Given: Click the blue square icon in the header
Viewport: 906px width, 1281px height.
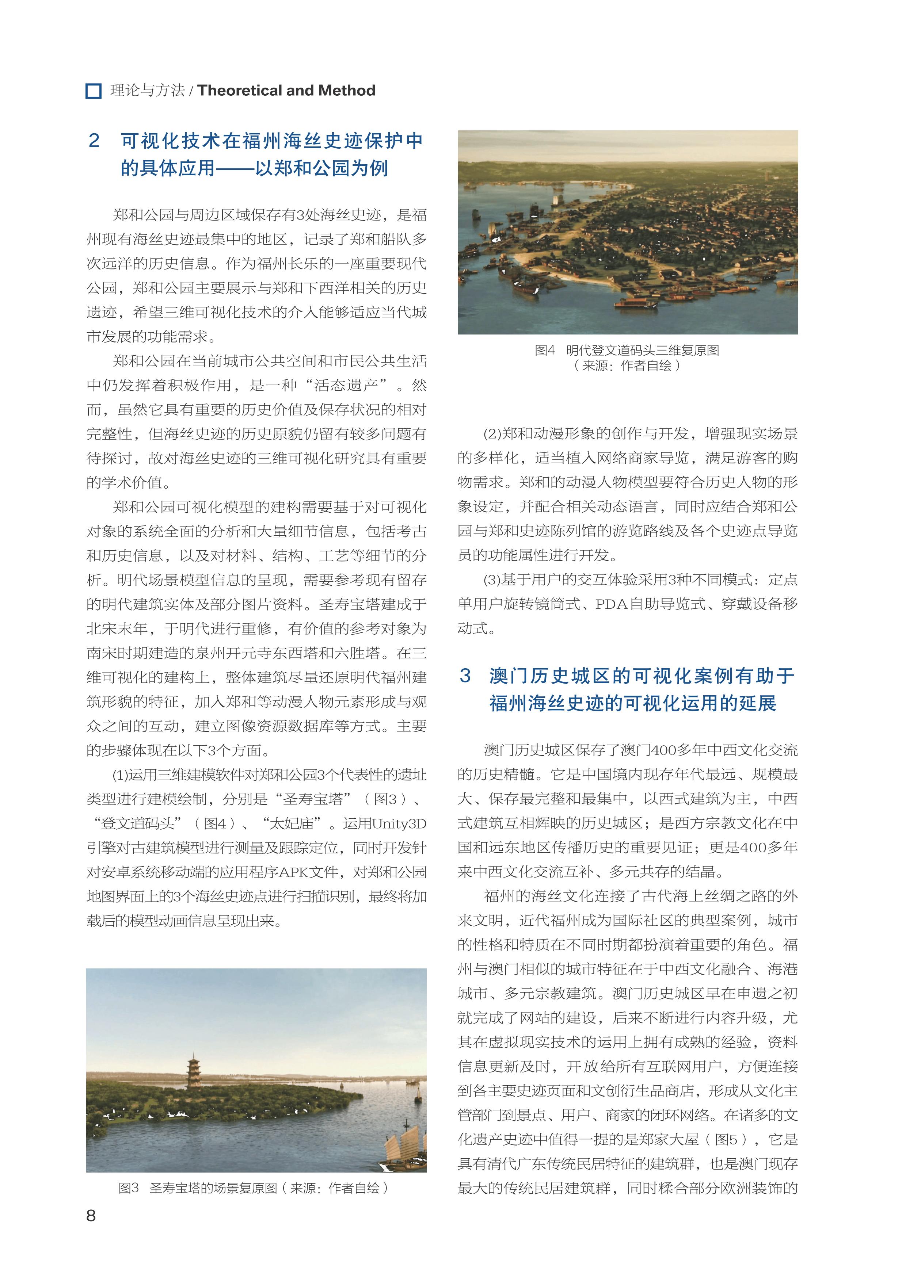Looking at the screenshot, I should tap(93, 91).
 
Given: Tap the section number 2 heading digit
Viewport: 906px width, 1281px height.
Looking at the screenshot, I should tap(94, 141).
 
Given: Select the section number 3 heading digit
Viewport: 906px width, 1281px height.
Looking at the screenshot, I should tap(465, 675).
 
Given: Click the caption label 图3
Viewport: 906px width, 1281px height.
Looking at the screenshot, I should tap(128, 1188).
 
